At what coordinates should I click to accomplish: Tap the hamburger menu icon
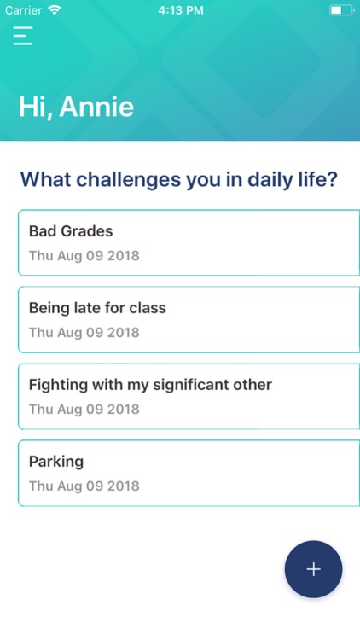pyautogui.click(x=23, y=35)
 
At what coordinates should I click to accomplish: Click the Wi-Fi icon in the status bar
pyautogui.click(x=55, y=10)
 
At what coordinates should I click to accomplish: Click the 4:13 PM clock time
pyautogui.click(x=180, y=10)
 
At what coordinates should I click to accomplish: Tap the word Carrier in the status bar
pyautogui.click(x=24, y=10)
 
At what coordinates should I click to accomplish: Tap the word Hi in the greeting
pyautogui.click(x=33, y=108)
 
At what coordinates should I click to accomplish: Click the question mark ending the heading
pyautogui.click(x=333, y=180)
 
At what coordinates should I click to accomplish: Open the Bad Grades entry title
pyautogui.click(x=71, y=231)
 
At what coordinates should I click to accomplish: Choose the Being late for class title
pyautogui.click(x=97, y=308)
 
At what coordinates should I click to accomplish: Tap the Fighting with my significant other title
pyautogui.click(x=150, y=385)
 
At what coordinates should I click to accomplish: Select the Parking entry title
pyautogui.click(x=56, y=462)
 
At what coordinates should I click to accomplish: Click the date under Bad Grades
pyautogui.click(x=84, y=256)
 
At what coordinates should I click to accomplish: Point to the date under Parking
pyautogui.click(x=84, y=486)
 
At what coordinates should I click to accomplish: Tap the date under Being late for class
pyautogui.click(x=84, y=333)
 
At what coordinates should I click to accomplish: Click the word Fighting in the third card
pyautogui.click(x=58, y=385)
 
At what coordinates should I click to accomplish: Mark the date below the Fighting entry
pyautogui.click(x=84, y=410)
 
